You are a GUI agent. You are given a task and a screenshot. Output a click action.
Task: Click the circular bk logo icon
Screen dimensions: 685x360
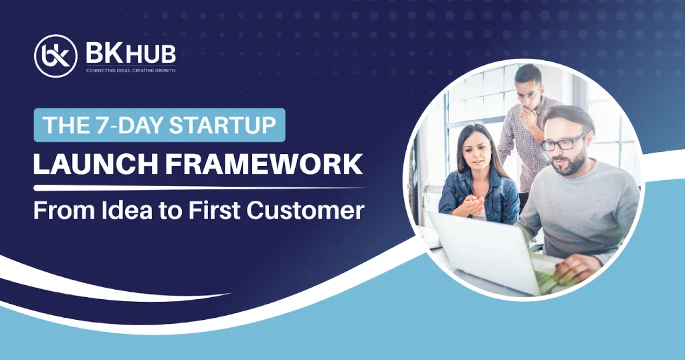(56, 56)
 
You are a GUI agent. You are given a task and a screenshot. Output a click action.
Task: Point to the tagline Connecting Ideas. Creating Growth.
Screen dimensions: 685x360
(131, 70)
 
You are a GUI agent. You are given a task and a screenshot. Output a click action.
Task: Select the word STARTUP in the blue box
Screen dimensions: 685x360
(223, 125)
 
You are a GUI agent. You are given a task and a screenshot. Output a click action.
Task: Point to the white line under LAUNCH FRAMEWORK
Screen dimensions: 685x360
(199, 188)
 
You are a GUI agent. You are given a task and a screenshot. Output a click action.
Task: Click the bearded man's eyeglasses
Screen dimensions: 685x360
(563, 143)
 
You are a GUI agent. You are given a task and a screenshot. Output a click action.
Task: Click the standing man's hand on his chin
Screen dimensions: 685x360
(530, 117)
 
